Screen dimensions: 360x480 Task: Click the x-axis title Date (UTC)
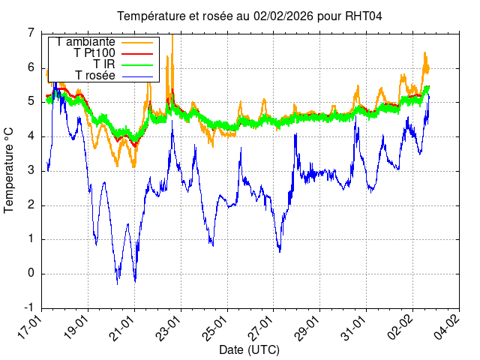[249, 350]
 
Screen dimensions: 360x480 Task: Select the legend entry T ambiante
[85, 42]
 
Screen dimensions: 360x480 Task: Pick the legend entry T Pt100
[94, 53]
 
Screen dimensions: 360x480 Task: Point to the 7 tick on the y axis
[31, 33]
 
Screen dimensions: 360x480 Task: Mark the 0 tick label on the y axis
[31, 274]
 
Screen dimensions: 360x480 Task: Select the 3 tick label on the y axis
[31, 171]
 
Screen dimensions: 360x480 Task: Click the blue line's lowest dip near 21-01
[135, 280]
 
